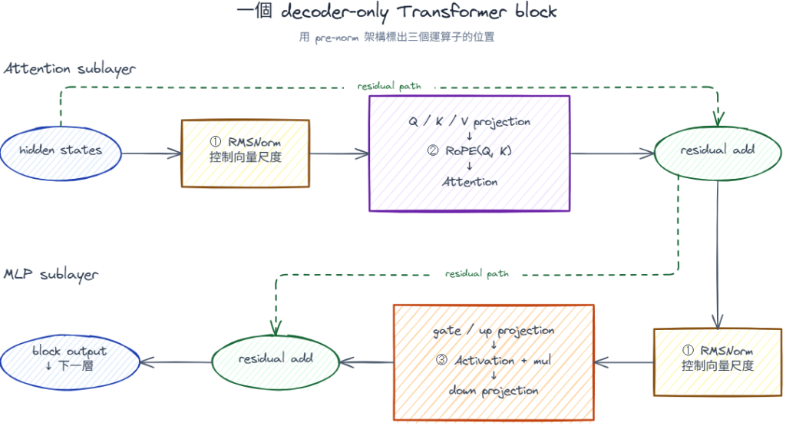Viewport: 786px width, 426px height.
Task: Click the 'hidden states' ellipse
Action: coord(61,154)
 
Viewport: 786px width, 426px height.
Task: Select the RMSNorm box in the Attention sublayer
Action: coord(245,154)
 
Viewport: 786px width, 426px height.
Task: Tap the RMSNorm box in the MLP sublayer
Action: coord(718,362)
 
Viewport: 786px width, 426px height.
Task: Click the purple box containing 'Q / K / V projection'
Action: coord(469,154)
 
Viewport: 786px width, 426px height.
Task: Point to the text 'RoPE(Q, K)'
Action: coord(478,151)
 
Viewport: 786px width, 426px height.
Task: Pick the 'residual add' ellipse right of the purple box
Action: coord(718,154)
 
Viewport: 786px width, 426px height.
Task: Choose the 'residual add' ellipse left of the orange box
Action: coord(276,362)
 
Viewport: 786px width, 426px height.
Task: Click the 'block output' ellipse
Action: coord(70,362)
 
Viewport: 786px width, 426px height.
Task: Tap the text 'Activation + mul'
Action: coord(503,360)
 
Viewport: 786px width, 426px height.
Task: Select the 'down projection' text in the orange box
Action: coord(494,391)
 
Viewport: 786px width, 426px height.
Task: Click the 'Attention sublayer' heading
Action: coord(70,68)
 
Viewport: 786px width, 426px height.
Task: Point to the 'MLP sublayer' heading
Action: coord(51,275)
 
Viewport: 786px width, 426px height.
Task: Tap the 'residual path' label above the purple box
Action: coord(389,86)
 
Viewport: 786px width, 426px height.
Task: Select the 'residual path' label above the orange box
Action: coord(477,274)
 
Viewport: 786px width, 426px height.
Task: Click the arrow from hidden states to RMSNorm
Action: coord(151,154)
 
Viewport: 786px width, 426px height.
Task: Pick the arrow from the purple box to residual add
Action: coord(613,154)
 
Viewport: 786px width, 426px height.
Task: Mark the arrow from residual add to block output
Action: coord(176,362)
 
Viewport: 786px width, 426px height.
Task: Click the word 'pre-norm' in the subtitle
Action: coord(336,38)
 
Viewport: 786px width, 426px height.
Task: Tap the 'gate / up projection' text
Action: coord(494,331)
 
